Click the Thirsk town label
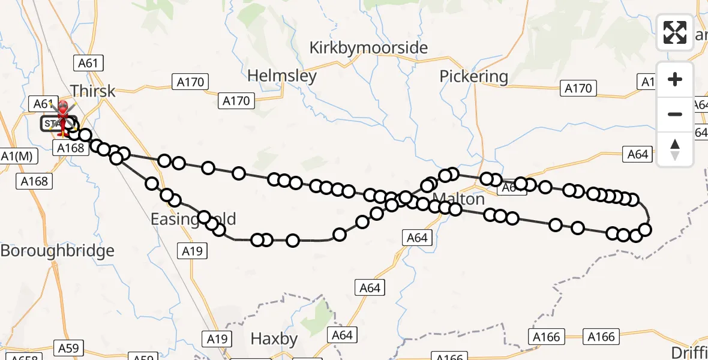click(92, 91)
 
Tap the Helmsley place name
click(282, 76)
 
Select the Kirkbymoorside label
click(368, 48)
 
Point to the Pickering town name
click(473, 77)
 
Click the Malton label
click(458, 199)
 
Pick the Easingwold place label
click(193, 220)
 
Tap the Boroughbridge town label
click(57, 251)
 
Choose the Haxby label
click(274, 339)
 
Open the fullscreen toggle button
click(675, 32)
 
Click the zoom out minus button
click(675, 114)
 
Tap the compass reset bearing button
click(675, 149)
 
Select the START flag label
click(53, 124)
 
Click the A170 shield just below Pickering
click(578, 89)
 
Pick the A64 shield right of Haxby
click(342, 334)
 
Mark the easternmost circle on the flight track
click(645, 230)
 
